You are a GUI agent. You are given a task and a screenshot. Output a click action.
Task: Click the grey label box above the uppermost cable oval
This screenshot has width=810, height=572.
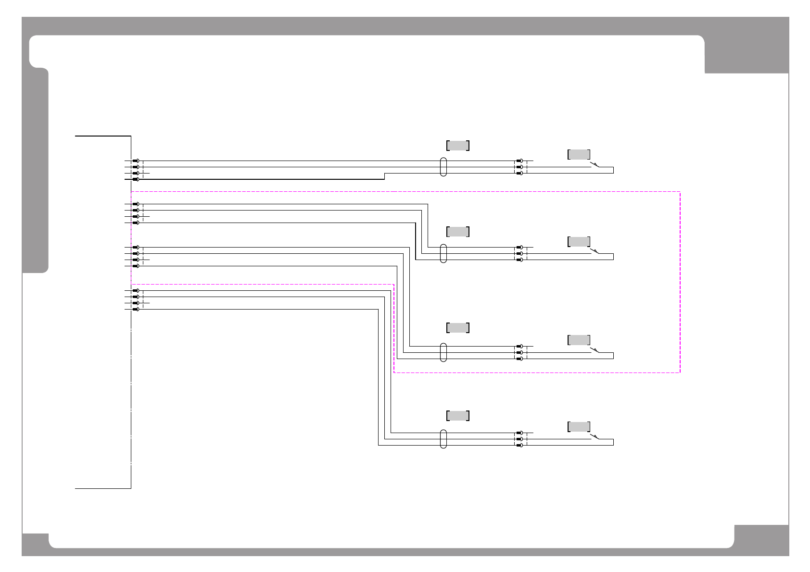coord(458,145)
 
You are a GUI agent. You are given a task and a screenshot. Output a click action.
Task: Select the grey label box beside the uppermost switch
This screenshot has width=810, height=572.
coord(579,154)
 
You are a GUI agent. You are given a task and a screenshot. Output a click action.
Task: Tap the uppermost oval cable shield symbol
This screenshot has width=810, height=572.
coord(443,167)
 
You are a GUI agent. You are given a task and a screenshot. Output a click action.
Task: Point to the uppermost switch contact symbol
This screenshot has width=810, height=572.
coord(595,165)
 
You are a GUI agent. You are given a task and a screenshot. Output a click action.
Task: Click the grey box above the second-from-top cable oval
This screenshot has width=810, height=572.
coord(458,232)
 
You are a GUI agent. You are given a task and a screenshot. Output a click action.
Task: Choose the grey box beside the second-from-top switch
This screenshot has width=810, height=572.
coord(579,241)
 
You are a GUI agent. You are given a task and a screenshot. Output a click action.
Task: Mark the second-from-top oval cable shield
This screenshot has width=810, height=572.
coord(443,253)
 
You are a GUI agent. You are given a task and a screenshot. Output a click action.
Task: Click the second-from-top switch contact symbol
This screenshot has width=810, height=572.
coord(595,251)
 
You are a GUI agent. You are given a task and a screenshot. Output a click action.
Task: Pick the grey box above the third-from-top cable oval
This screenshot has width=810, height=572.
coord(458,328)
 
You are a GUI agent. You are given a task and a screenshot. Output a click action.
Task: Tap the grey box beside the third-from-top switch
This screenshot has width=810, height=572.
coord(579,340)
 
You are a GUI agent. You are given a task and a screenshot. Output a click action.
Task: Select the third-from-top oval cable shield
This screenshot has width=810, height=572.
coord(443,352)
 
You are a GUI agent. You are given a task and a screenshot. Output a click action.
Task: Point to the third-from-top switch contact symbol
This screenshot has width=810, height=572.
coord(595,350)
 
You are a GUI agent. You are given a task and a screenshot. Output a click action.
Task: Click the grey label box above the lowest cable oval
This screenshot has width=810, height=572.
coord(458,416)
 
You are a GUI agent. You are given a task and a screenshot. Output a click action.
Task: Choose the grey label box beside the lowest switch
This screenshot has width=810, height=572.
coord(579,427)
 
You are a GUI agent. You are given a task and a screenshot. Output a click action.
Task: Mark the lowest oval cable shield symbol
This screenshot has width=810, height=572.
coord(443,439)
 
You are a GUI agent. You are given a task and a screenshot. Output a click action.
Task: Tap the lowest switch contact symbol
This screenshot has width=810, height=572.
coord(595,436)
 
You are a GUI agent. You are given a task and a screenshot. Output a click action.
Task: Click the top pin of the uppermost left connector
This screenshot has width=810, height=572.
coord(136,161)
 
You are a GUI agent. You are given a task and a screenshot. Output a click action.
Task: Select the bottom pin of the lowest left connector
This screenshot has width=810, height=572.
coord(136,309)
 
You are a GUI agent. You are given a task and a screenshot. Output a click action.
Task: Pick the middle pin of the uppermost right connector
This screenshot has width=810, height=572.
coord(519,167)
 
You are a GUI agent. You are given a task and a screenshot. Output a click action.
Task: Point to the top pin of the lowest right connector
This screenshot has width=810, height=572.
coord(519,433)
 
